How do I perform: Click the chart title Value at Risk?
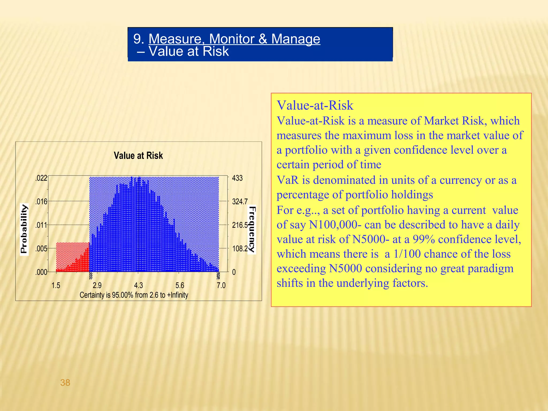pyautogui.click(x=138, y=155)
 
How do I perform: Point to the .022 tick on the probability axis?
pyautogui.click(x=41, y=178)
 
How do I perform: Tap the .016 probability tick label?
pyautogui.click(x=41, y=202)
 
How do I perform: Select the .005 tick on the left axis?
pyautogui.click(x=41, y=249)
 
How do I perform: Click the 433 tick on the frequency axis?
pyautogui.click(x=237, y=178)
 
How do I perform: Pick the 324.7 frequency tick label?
pyautogui.click(x=240, y=202)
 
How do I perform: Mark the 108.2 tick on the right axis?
pyautogui.click(x=240, y=249)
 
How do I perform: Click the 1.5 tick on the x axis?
pyautogui.click(x=56, y=286)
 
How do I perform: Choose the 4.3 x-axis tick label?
pyautogui.click(x=138, y=286)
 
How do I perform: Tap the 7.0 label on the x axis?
pyautogui.click(x=221, y=286)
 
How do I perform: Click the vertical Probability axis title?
pyautogui.click(x=24, y=229)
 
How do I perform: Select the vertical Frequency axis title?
pyautogui.click(x=252, y=230)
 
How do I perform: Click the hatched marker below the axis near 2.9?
pyautogui.click(x=91, y=276)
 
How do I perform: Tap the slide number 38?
pyautogui.click(x=65, y=383)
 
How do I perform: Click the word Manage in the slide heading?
pyautogui.click(x=295, y=39)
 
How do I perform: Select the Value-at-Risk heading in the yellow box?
pyautogui.click(x=315, y=105)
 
